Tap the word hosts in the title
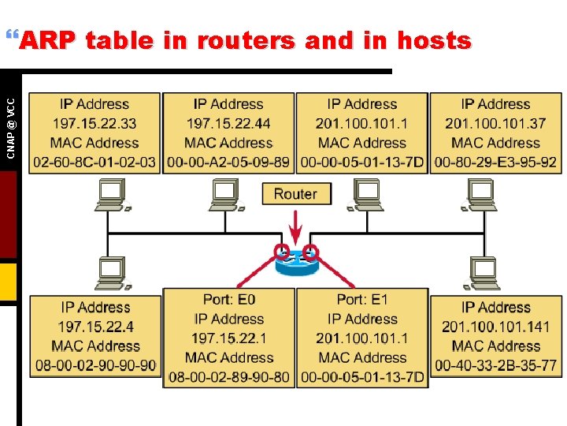point(434,40)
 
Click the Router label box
point(295,194)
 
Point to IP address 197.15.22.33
point(94,123)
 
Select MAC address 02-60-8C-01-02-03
point(94,163)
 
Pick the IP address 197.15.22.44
point(228,123)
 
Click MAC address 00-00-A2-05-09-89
point(228,163)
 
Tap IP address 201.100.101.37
point(495,123)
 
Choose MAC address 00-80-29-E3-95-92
point(495,163)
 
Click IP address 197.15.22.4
point(95,327)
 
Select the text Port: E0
point(229,300)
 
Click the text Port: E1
point(362,300)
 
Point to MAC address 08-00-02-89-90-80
point(229,377)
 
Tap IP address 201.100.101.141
point(495,327)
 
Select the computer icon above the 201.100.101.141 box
point(483,273)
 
